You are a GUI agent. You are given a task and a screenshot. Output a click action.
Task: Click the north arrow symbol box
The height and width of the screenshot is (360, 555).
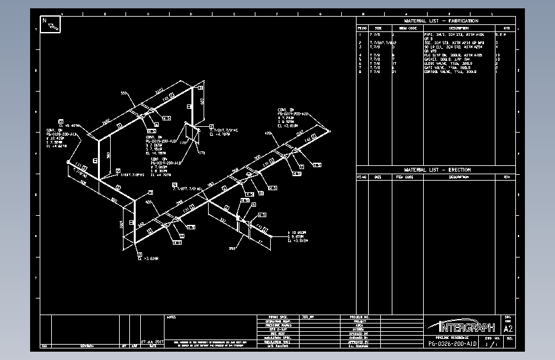point(51,24)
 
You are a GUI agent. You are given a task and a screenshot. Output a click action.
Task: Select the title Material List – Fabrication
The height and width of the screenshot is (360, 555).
point(441,21)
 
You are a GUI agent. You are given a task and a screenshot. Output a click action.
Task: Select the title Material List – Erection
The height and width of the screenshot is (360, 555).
point(441,170)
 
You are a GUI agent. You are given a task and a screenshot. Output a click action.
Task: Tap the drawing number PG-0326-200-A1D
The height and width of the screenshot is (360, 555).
point(453,344)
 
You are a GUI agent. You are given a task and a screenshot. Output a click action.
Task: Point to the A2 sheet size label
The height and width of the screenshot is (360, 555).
point(510,329)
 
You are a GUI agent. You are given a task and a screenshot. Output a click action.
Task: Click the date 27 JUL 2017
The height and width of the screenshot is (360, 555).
point(153,341)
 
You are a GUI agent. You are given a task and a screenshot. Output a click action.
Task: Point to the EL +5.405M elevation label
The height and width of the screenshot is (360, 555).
point(72,126)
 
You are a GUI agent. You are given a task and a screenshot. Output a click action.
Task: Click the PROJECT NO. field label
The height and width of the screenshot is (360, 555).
point(360,316)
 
